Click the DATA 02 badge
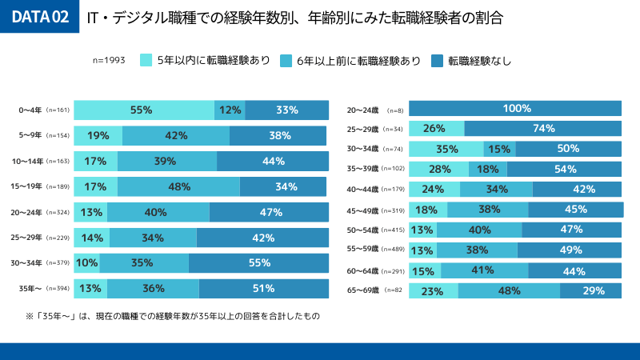point(39,17)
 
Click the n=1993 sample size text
point(109,60)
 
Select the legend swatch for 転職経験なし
point(437,60)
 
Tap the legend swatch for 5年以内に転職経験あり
point(146,60)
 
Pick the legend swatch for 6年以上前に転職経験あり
point(286,60)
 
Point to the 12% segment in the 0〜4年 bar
point(230,110)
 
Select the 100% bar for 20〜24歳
point(516,109)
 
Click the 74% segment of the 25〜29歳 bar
point(543,129)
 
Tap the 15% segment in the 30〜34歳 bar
point(500,149)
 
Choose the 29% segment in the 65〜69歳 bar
point(591,291)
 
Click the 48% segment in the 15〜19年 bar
point(178,186)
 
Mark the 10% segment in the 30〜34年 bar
point(87,263)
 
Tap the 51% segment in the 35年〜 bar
point(264,289)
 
